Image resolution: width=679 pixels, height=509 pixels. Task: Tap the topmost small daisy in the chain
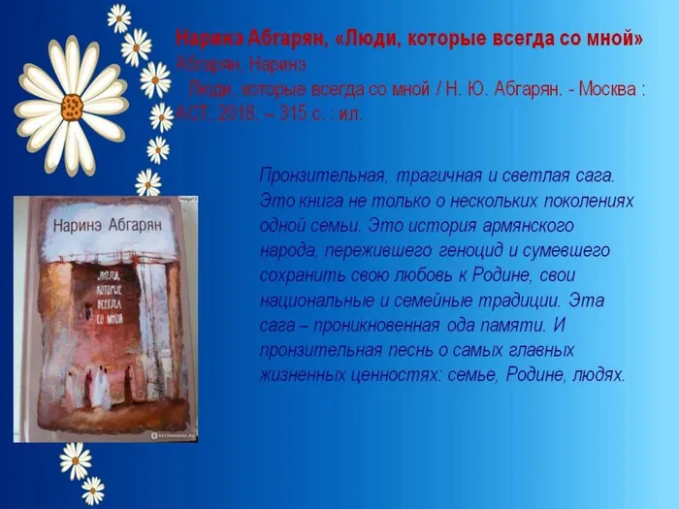pos(119,16)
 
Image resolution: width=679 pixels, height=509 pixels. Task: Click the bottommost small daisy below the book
pos(93,490)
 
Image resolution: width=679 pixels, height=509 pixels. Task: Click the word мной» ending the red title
pos(615,40)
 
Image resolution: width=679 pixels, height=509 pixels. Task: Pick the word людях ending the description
pos(600,374)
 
